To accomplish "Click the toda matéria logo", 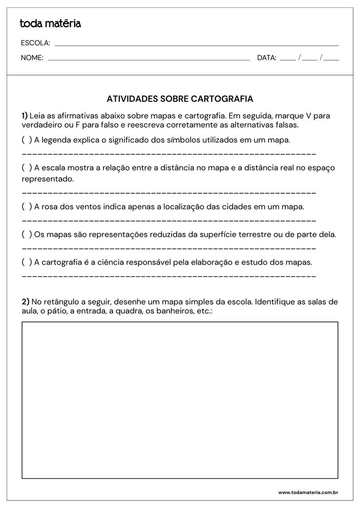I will coord(50,24).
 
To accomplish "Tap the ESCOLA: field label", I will coord(35,43).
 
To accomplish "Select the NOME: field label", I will coord(32,58).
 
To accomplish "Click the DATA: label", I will coord(266,58).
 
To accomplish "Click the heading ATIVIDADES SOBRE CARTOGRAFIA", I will coord(180,99).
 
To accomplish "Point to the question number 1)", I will coord(25,115).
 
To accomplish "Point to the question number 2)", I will coord(25,302).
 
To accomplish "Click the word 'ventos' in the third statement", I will coord(88,207).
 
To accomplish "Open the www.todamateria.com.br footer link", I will coord(307,493).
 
